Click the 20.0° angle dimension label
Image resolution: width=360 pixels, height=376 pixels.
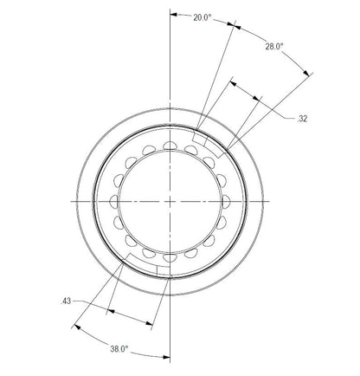(202, 16)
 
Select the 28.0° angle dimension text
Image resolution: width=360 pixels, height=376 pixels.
(273, 47)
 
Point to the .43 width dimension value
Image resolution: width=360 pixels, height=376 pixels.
(67, 301)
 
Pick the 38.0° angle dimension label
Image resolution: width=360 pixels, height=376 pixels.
(119, 348)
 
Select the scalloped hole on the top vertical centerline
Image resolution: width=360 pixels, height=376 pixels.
(170, 145)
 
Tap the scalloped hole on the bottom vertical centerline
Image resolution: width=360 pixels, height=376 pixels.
(170, 255)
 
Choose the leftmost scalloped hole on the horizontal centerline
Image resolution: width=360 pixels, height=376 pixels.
(114, 199)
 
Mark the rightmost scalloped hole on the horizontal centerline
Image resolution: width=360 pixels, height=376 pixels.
(227, 199)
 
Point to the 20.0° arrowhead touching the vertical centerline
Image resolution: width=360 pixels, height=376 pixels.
(174, 15)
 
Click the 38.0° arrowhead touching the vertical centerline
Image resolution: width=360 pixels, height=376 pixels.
(168, 358)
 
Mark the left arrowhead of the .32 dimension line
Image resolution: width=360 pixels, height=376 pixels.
(233, 84)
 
